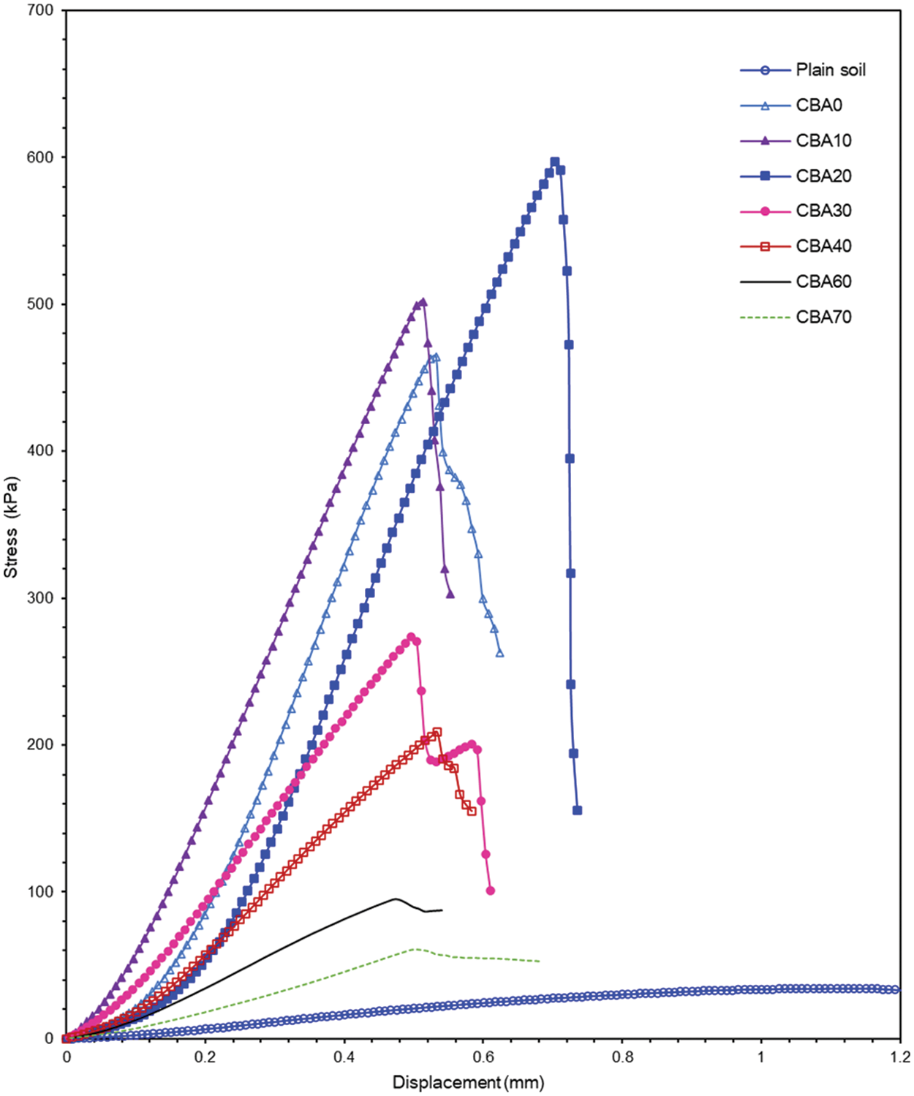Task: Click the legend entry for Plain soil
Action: [x=830, y=70]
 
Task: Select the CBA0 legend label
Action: [x=819, y=105]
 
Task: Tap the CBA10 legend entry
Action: [x=823, y=140]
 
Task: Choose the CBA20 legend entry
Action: [x=823, y=175]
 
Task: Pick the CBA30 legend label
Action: [x=823, y=211]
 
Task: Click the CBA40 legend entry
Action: [x=823, y=246]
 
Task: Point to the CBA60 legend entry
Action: [x=823, y=281]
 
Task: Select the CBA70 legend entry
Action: [x=823, y=317]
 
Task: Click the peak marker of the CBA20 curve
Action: [x=555, y=162]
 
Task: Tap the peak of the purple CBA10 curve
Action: [x=423, y=301]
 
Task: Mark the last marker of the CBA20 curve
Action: [x=577, y=810]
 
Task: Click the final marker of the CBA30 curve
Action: [x=490, y=891]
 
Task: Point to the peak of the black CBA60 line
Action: [x=396, y=899]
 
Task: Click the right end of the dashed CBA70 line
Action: [x=540, y=961]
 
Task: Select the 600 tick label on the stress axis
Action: [x=39, y=157]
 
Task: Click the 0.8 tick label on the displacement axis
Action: [x=622, y=1057]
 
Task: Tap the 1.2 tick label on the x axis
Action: [x=899, y=1057]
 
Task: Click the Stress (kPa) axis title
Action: [x=11, y=527]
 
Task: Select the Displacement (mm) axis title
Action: [x=468, y=1082]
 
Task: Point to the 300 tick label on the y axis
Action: [x=39, y=598]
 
